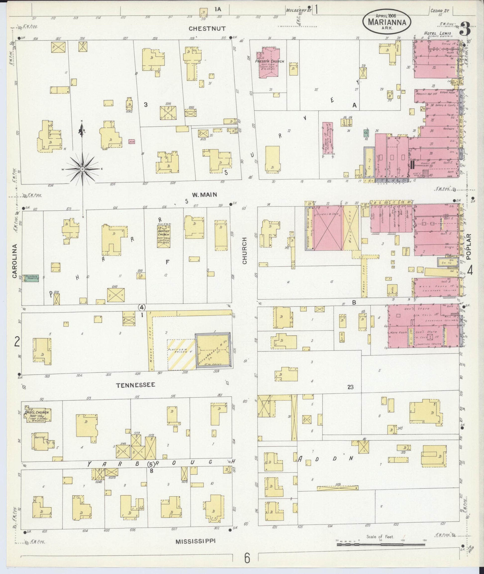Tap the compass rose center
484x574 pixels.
click(x=82, y=169)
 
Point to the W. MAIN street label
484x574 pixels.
click(x=204, y=195)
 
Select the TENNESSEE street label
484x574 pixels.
click(x=135, y=385)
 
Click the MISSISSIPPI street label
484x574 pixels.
click(x=195, y=541)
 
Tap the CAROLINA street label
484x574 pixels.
click(x=15, y=261)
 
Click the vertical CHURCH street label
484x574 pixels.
click(x=244, y=250)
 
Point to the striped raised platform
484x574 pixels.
click(x=181, y=354)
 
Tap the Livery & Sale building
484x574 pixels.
click(x=328, y=228)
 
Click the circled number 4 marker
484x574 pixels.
click(x=142, y=307)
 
